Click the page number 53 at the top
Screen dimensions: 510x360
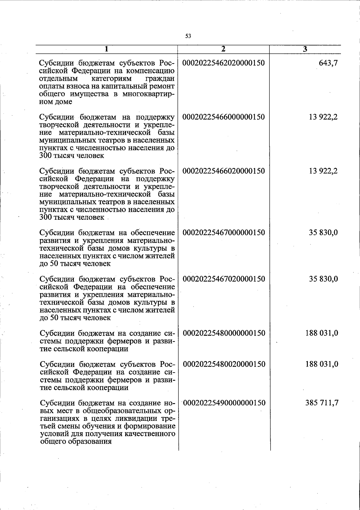point(188,36)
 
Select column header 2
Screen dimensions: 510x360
point(223,49)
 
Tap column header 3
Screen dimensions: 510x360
point(305,49)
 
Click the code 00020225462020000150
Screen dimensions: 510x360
point(224,63)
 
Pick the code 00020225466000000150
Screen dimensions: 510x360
point(224,117)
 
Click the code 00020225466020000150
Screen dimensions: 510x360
point(224,171)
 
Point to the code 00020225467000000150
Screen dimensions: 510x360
point(224,232)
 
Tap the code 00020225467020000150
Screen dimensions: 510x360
point(224,279)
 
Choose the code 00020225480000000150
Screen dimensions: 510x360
point(224,333)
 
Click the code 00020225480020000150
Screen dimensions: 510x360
point(224,364)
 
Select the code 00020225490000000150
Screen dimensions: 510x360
point(224,403)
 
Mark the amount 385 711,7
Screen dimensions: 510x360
point(322,403)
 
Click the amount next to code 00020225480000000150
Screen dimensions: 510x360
point(322,333)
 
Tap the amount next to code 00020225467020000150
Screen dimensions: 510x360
point(324,279)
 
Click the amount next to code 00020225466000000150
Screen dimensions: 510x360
point(323,117)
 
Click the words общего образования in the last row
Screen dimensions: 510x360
point(76,441)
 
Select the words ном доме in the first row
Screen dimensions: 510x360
point(56,102)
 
